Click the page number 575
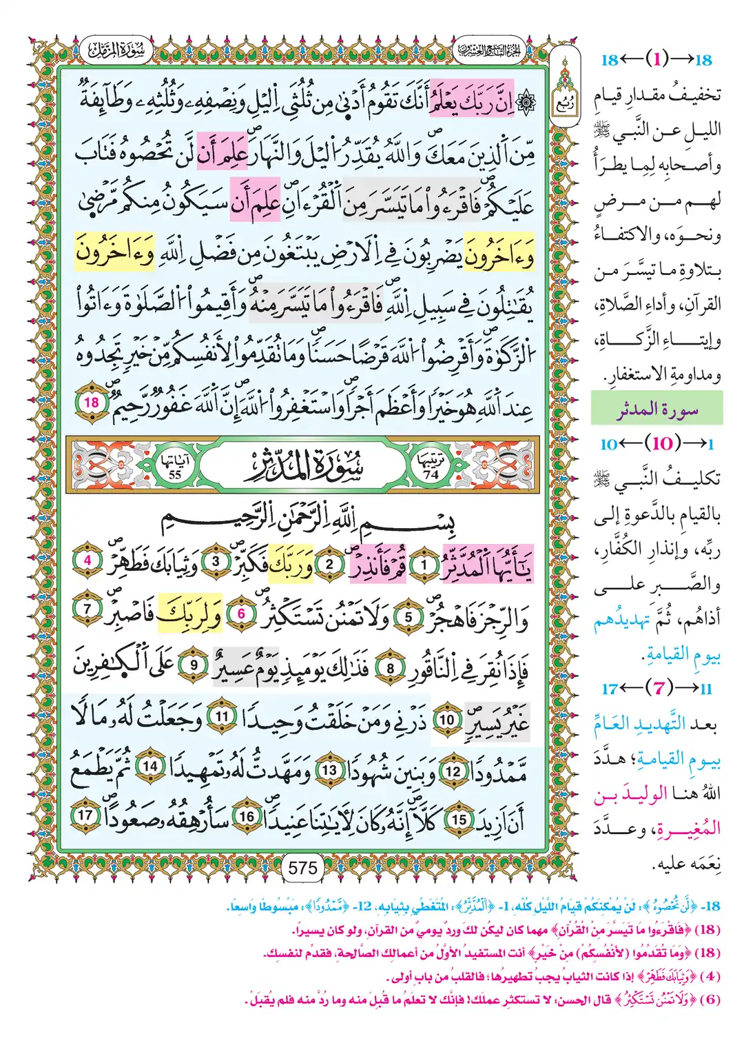(303, 867)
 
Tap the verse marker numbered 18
(92, 403)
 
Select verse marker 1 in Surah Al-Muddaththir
(424, 566)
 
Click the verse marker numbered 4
(87, 560)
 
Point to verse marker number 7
(87, 609)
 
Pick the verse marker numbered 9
(194, 665)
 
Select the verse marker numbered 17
(85, 815)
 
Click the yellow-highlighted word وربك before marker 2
(291, 565)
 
